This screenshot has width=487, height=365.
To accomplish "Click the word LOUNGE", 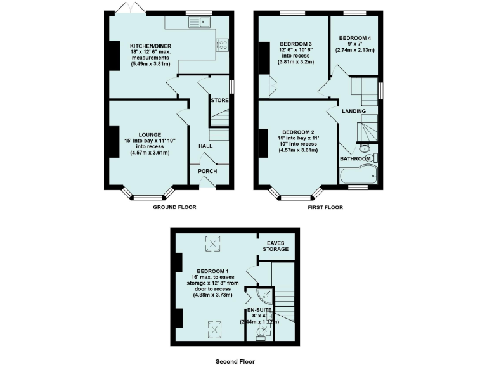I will click(x=150, y=134).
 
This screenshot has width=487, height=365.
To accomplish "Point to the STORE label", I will click(x=219, y=101).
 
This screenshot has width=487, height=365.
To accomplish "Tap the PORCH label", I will click(x=207, y=171).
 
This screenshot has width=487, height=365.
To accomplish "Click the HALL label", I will click(x=205, y=146).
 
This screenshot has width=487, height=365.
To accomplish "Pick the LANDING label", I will click(x=354, y=112).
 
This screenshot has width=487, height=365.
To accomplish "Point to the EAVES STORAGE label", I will click(x=276, y=246).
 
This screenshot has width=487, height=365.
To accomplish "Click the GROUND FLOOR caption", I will click(x=174, y=207).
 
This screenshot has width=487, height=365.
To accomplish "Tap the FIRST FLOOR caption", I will click(x=325, y=207).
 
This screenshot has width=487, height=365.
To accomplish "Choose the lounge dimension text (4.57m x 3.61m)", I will click(x=150, y=153).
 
